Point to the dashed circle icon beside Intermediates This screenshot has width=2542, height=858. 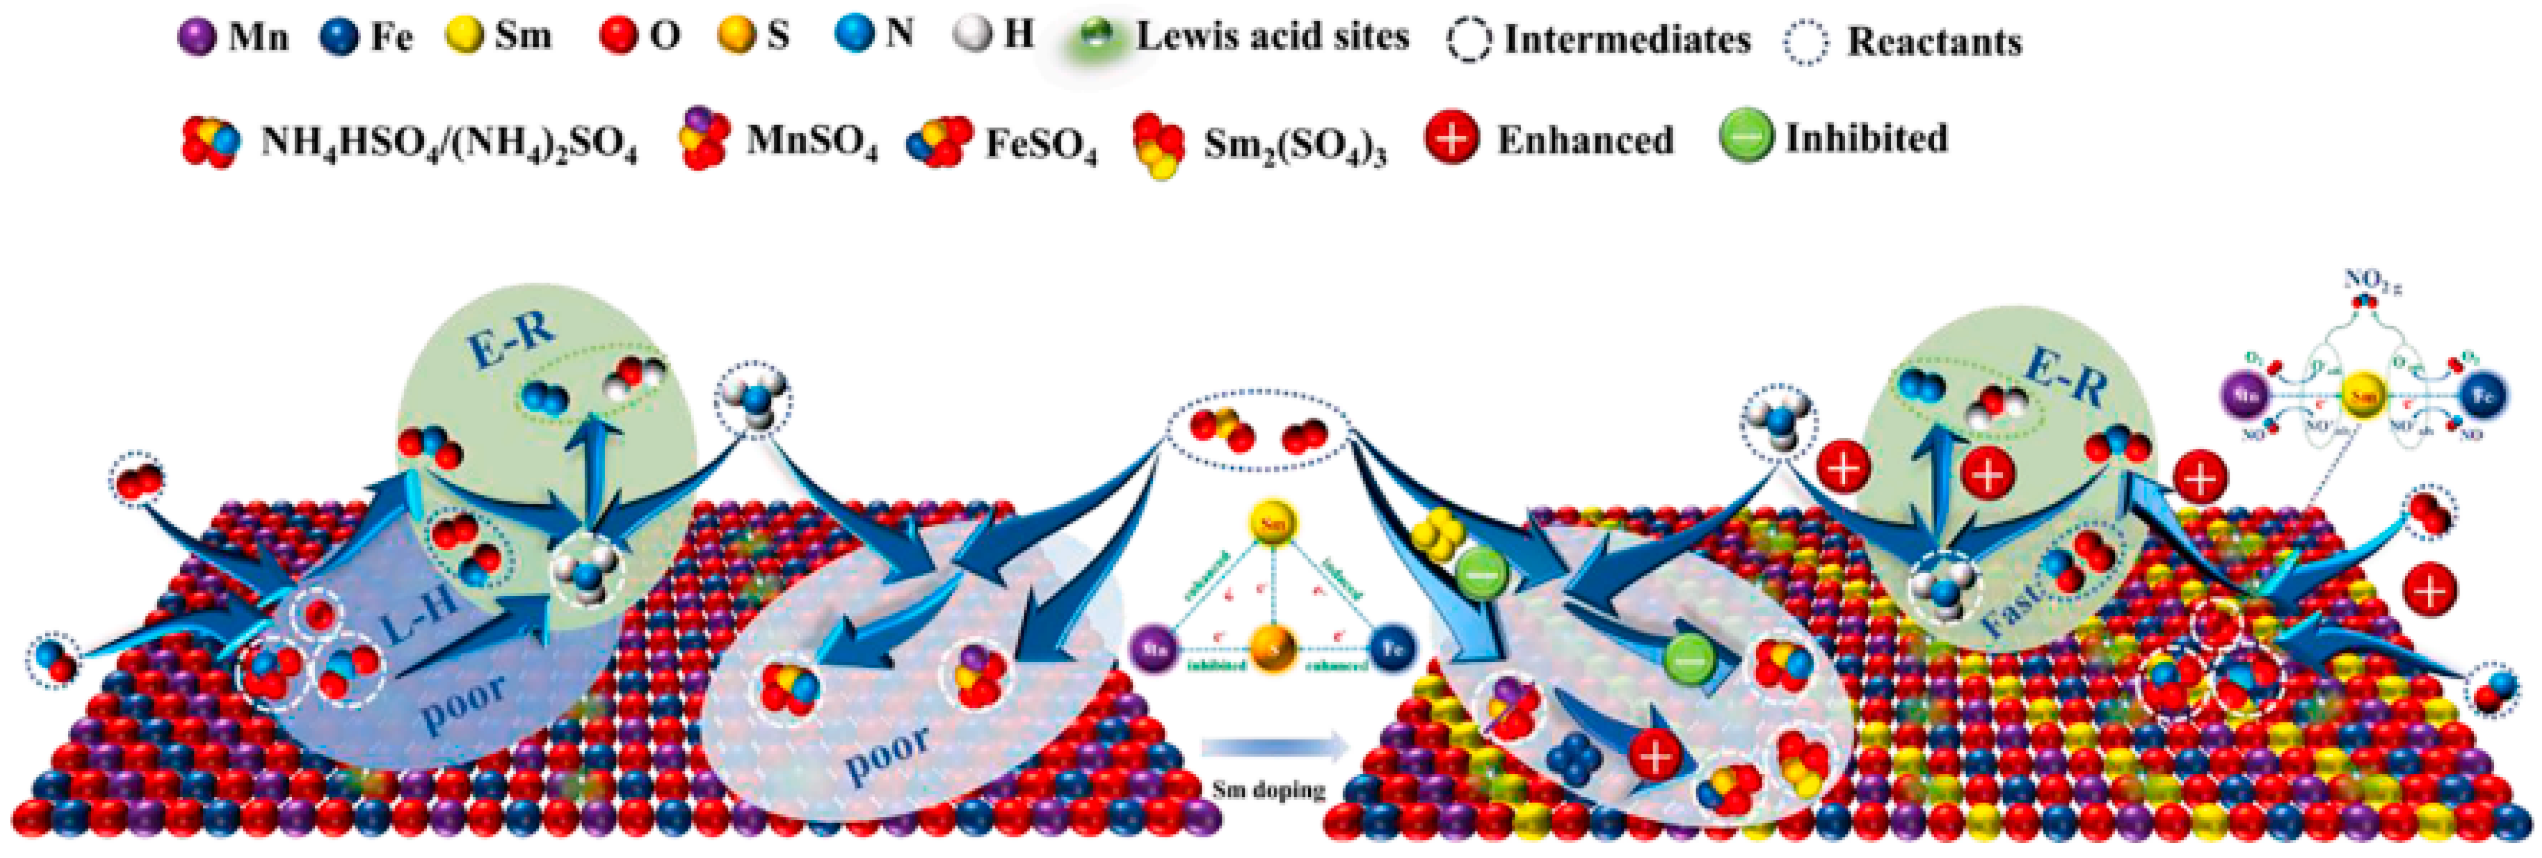coord(1469,41)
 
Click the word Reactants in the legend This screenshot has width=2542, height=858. coord(1934,41)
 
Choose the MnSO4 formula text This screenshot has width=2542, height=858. coord(811,141)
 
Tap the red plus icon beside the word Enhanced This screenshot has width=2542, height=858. coord(1452,137)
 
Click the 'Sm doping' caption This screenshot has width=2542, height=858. coord(1268,790)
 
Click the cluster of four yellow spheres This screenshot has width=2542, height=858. coord(1438,534)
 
